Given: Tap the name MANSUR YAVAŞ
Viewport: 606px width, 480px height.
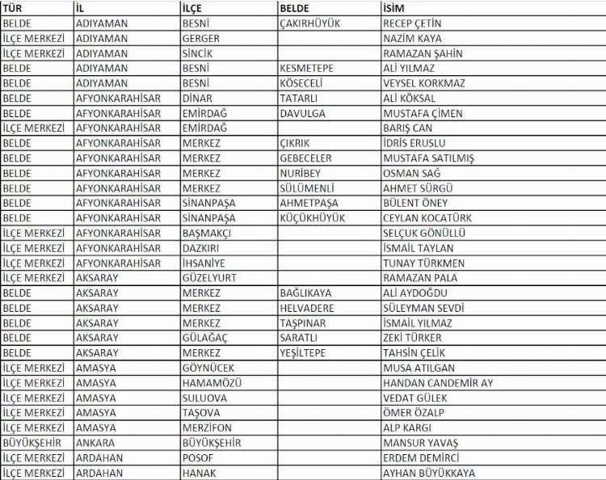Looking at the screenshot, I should tap(420, 443).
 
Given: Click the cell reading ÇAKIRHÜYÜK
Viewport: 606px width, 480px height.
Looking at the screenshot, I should tap(310, 23).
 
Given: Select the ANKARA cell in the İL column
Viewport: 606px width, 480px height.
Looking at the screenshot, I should tap(95, 443).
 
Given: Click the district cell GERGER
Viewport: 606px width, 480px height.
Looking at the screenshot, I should tap(200, 39).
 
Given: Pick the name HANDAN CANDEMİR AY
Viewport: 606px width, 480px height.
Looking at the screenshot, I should tap(437, 383).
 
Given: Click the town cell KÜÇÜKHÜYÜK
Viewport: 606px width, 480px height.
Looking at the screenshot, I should tap(312, 218).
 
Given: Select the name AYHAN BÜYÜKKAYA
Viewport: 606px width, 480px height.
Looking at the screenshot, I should tap(429, 473).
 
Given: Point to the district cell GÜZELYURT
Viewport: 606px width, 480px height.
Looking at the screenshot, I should tap(208, 278).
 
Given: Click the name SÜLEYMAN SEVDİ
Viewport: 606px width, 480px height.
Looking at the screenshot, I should tap(423, 308).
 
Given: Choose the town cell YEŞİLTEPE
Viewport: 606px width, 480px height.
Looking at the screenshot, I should tap(302, 353).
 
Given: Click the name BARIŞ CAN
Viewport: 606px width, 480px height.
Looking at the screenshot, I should tap(407, 128).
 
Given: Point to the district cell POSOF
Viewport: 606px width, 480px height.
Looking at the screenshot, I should tap(198, 458).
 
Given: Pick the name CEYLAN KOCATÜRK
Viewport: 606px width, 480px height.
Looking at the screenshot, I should tap(427, 218).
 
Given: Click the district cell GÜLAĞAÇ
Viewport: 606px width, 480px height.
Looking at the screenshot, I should tap(204, 338).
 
